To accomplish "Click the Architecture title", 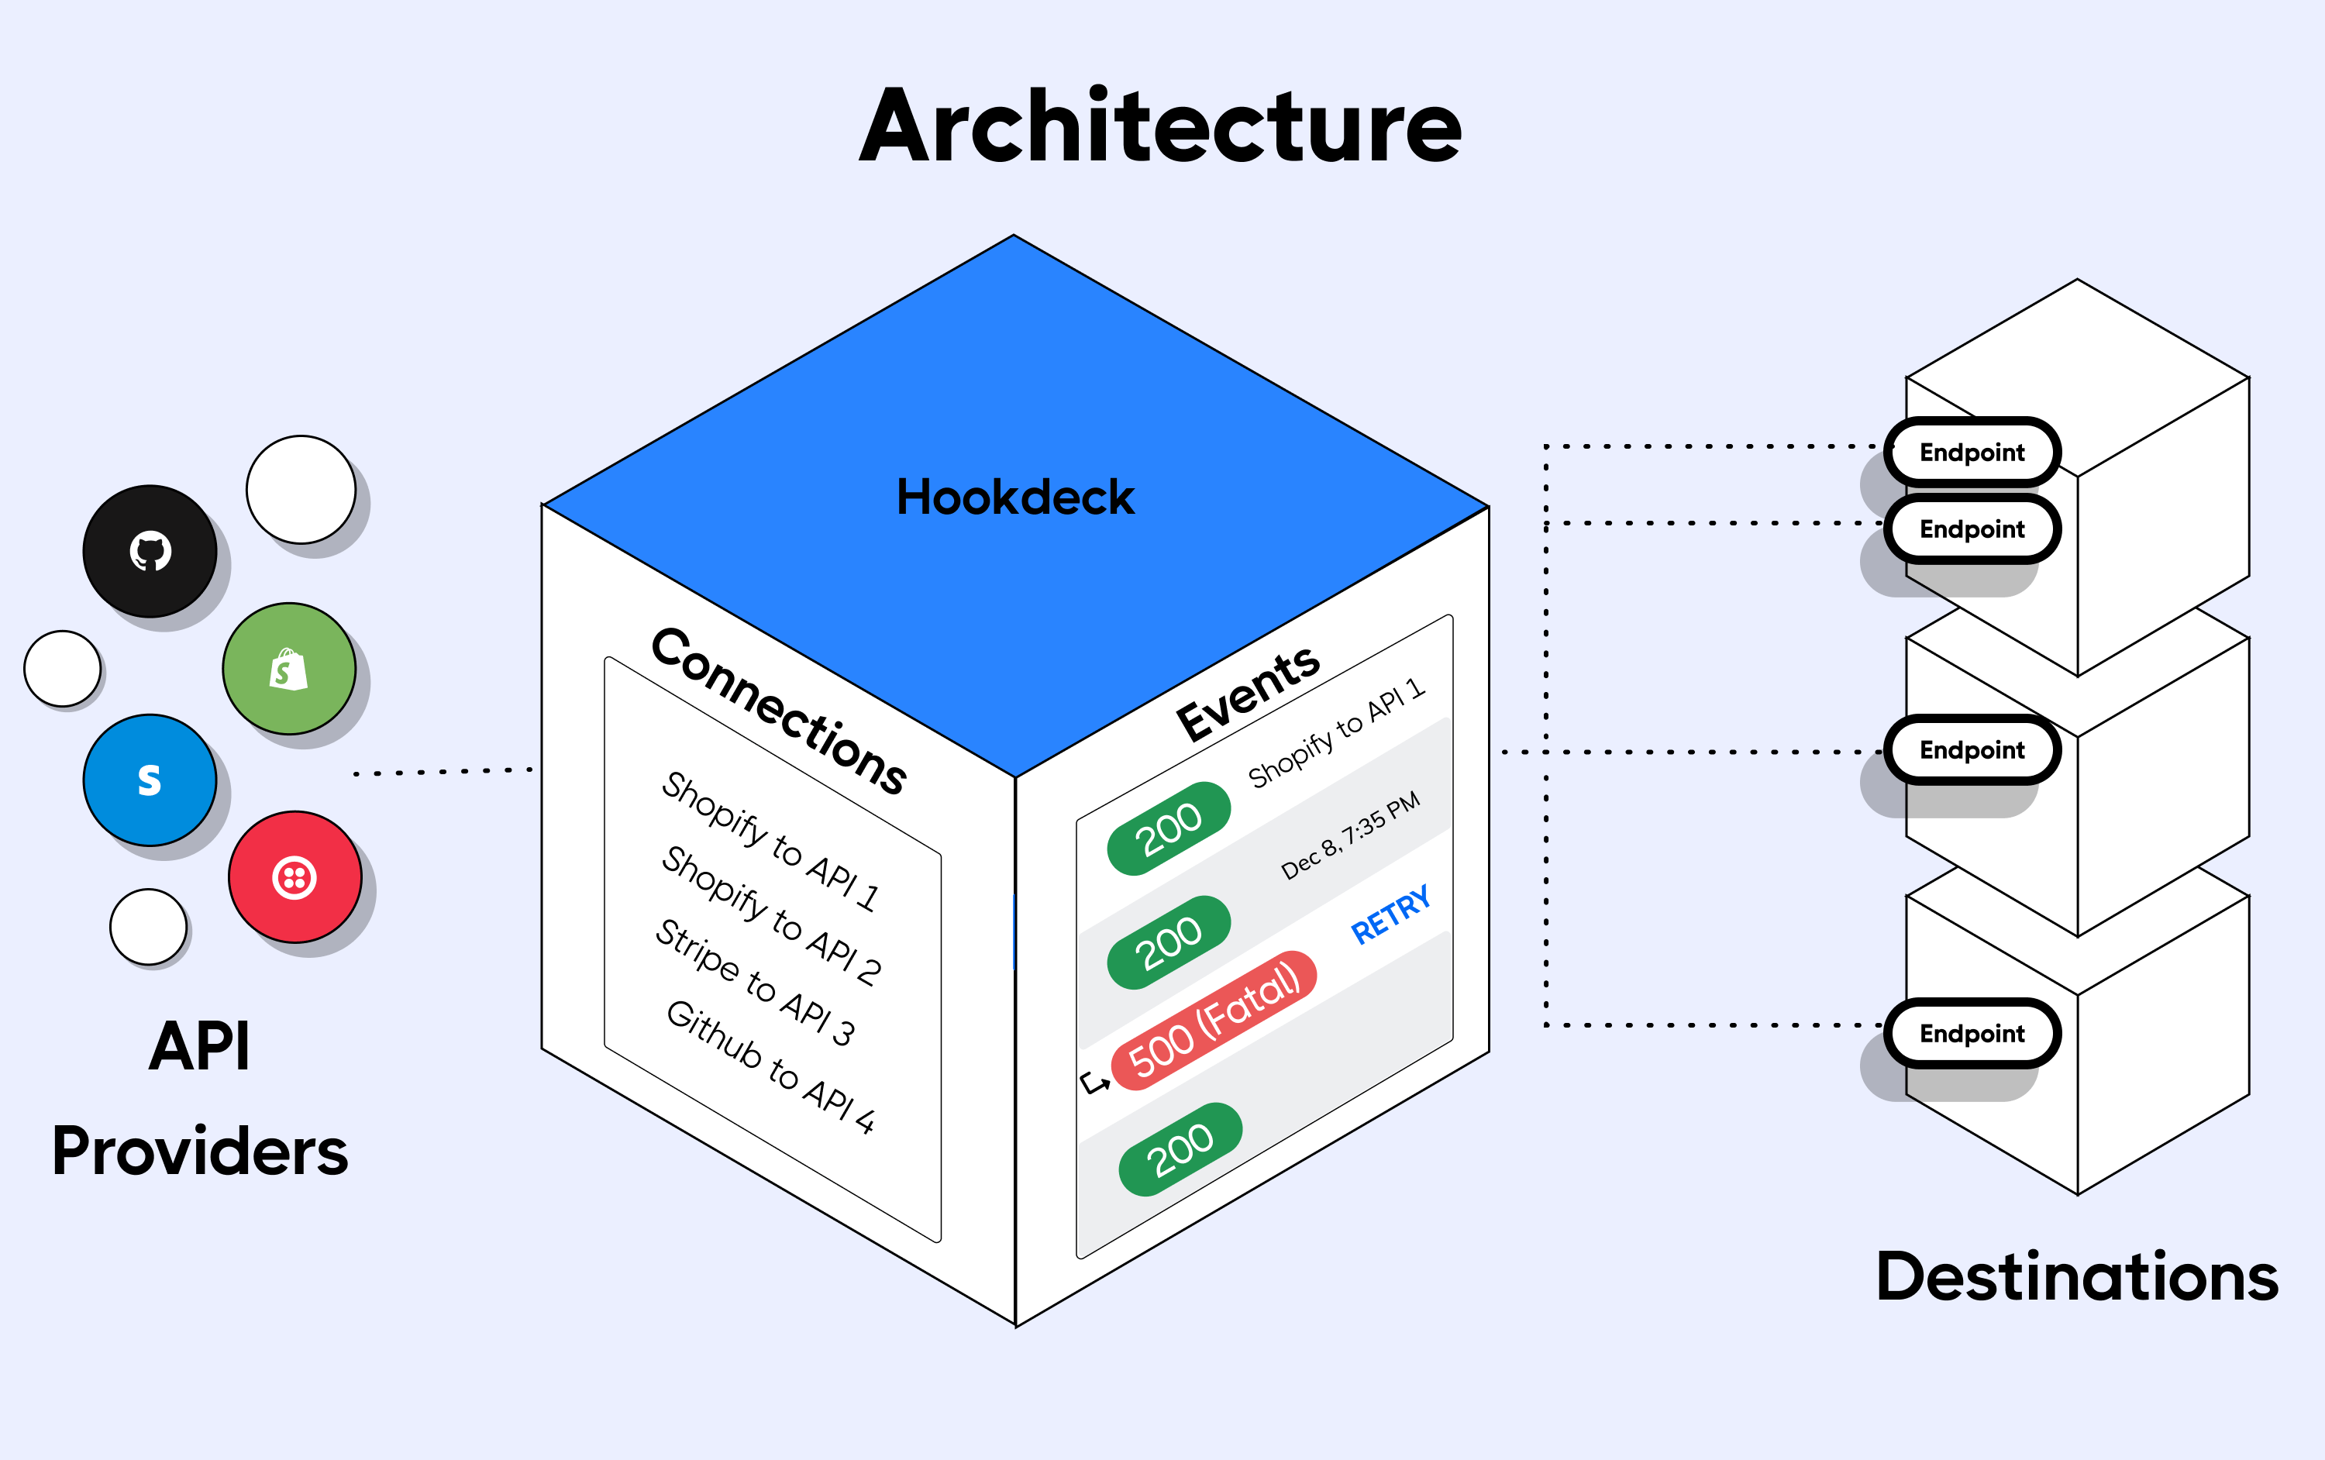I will (1161, 126).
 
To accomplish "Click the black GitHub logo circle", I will (150, 551).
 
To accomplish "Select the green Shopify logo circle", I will (289, 670).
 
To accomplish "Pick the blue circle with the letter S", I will (150, 780).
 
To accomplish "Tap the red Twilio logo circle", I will (294, 876).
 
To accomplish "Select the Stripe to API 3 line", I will (755, 983).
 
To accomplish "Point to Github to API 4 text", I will (770, 1067).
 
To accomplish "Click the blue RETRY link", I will (1390, 914).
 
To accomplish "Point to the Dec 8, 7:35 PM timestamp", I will (1350, 835).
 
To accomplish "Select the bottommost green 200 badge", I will (1180, 1149).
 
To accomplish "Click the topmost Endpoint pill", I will (1972, 452).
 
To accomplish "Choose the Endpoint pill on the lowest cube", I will (1972, 1033).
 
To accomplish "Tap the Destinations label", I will (2077, 1276).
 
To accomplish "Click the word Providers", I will (200, 1152).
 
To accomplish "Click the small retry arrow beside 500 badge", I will (1095, 1083).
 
